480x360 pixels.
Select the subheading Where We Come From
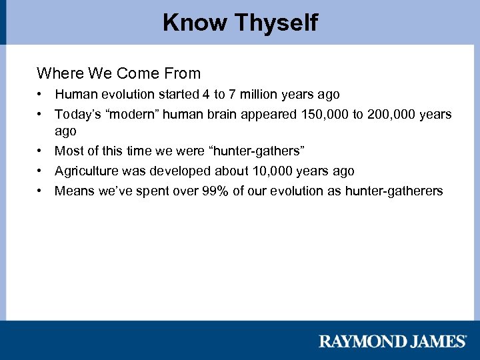tap(119, 73)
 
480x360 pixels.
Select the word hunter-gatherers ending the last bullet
tap(394, 191)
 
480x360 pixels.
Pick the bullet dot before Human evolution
tap(41, 95)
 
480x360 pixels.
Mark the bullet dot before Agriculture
tap(41, 171)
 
